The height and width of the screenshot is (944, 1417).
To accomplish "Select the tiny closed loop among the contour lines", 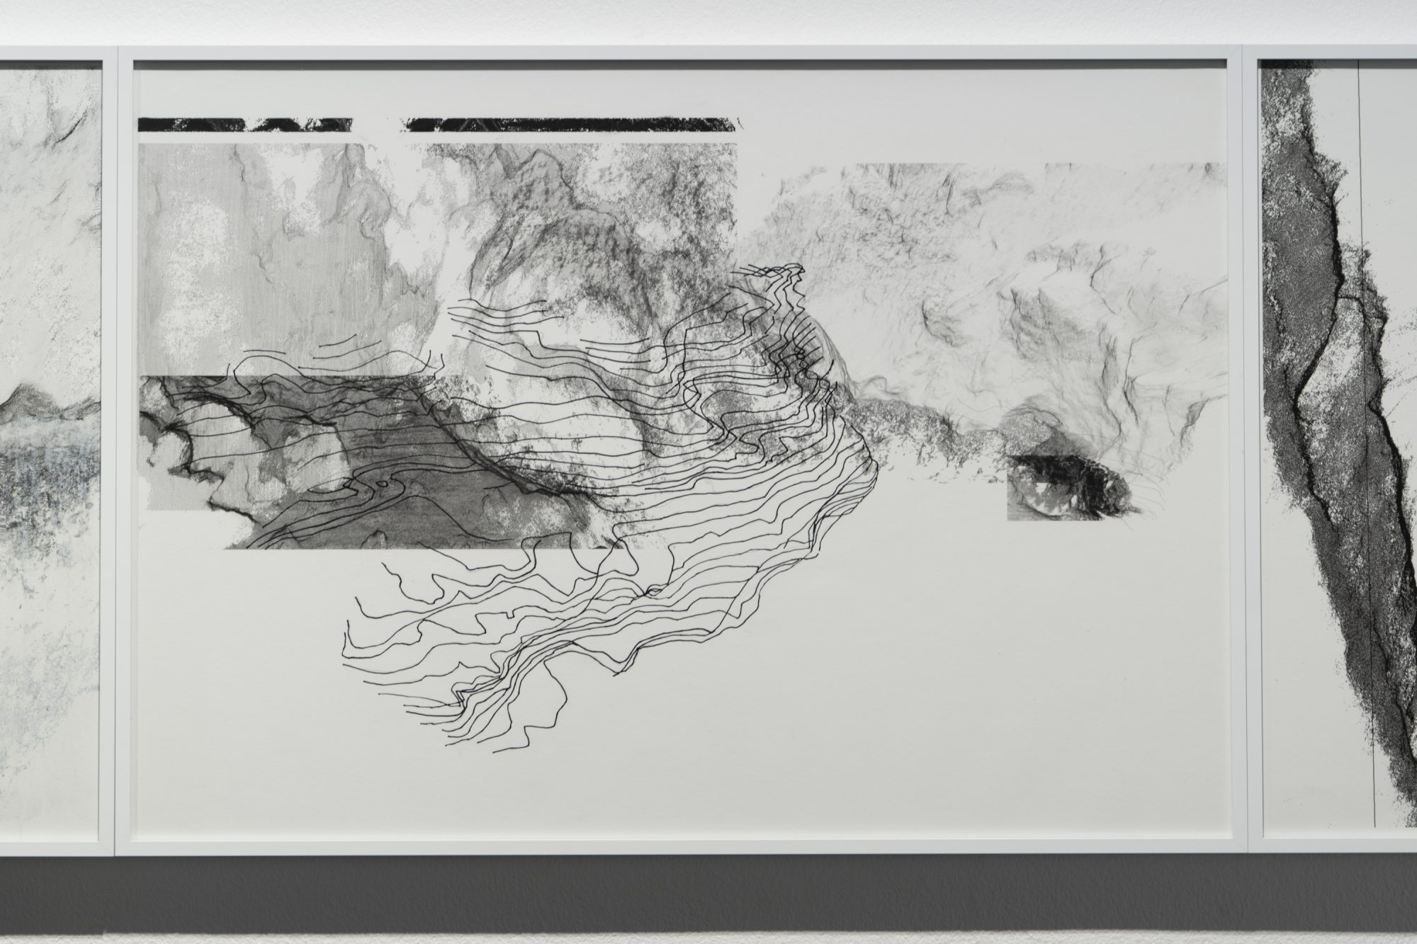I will (383, 485).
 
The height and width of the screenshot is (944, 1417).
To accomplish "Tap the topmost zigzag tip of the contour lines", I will (799, 267).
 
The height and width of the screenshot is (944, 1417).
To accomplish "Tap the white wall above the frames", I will (708, 21).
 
